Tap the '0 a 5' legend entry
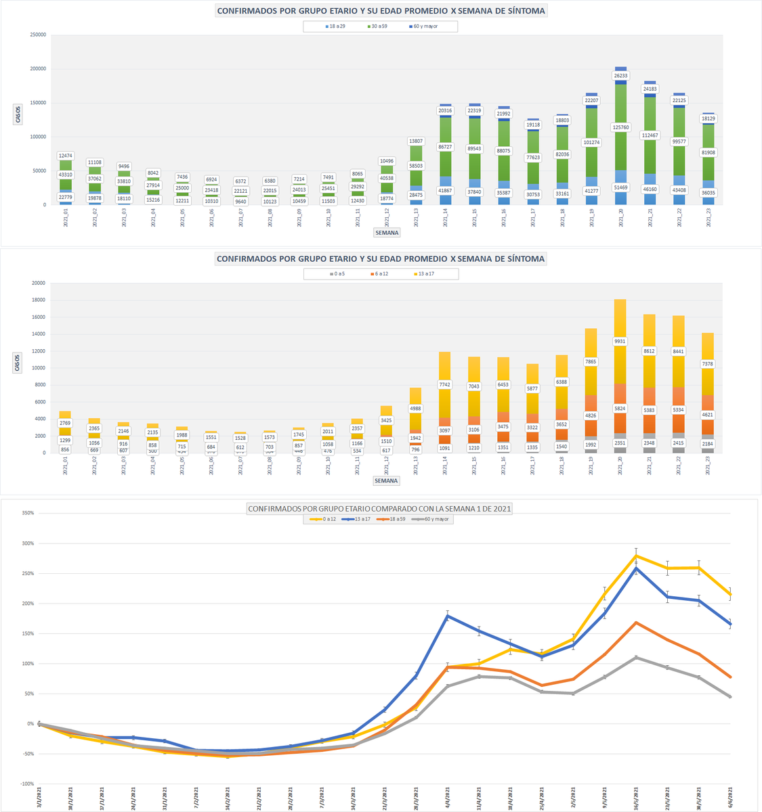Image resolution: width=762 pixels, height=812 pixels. pyautogui.click(x=337, y=274)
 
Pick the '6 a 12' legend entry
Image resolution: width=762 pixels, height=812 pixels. pyautogui.click(x=379, y=274)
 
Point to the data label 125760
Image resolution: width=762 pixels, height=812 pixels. pyautogui.click(x=620, y=127)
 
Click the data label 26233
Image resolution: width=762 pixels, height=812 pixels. pyautogui.click(x=620, y=76)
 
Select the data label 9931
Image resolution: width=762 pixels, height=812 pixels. pyautogui.click(x=620, y=341)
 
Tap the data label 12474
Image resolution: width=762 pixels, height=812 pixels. pyautogui.click(x=66, y=156)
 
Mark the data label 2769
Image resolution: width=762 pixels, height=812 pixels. pyautogui.click(x=65, y=423)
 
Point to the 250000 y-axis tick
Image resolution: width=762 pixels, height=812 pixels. pyautogui.click(x=38, y=35)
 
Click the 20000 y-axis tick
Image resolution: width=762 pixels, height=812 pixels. pyautogui.click(x=39, y=284)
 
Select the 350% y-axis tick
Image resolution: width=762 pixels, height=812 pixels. pyautogui.click(x=28, y=514)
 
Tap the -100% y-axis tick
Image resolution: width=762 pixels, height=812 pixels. pyautogui.click(x=27, y=784)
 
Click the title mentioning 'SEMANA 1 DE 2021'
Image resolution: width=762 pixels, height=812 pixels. pyautogui.click(x=379, y=508)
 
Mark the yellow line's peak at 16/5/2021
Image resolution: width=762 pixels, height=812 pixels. pyautogui.click(x=636, y=556)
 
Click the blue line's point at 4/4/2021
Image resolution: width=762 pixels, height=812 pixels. pyautogui.click(x=448, y=616)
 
